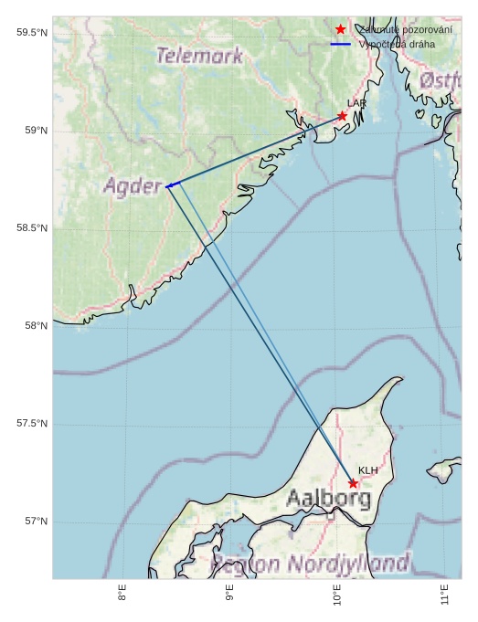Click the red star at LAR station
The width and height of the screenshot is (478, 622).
[x=342, y=116]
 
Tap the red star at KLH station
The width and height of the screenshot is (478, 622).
[x=353, y=483]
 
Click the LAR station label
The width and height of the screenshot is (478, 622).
[x=356, y=104]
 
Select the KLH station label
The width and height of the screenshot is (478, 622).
[x=367, y=470]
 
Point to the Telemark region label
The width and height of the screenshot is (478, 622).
[x=199, y=56]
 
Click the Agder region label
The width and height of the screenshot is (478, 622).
[x=133, y=186]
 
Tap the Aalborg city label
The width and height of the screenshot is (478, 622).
[x=328, y=499]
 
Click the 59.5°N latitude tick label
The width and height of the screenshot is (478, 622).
[x=32, y=33]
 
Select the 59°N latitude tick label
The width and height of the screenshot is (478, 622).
[x=36, y=131]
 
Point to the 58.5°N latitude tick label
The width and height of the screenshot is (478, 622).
[x=32, y=228]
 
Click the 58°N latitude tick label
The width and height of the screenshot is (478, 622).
[x=36, y=326]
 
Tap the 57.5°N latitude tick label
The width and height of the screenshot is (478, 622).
[x=32, y=424]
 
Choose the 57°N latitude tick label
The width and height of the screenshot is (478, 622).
[x=36, y=522]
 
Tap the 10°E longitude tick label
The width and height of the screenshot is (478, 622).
[x=337, y=596]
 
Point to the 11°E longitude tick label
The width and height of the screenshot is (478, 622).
[x=444, y=596]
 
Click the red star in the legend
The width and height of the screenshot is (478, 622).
[x=341, y=30]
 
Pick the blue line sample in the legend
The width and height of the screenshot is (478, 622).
[x=341, y=44]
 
